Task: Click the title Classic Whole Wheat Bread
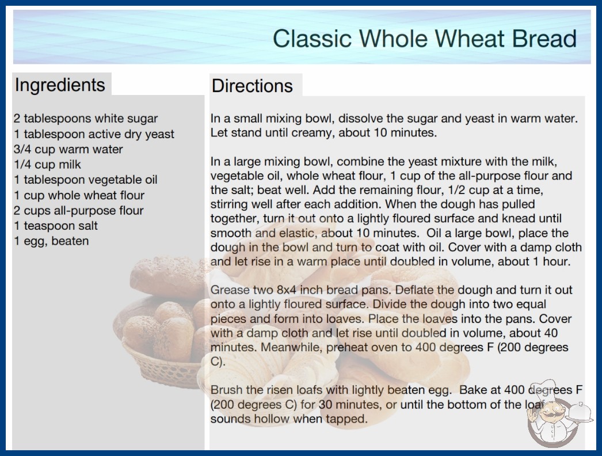425,39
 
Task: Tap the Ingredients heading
60,85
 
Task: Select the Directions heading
252,86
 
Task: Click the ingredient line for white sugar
86,119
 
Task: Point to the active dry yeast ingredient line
94,134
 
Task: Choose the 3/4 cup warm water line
68,149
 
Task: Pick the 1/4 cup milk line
47,165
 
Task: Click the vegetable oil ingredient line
86,180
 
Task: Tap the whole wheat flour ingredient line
79,195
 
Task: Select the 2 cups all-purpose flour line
79,211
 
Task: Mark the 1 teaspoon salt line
56,226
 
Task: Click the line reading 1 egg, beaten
51,241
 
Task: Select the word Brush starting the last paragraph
226,390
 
